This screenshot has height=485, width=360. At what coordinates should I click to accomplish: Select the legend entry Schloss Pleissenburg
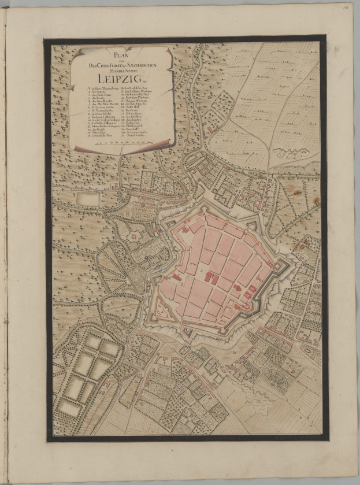pyautogui.click(x=102, y=88)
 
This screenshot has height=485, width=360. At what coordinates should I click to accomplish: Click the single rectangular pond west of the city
pyautogui.click(x=87, y=199)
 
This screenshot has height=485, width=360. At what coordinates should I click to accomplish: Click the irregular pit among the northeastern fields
pyautogui.click(x=288, y=153)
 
